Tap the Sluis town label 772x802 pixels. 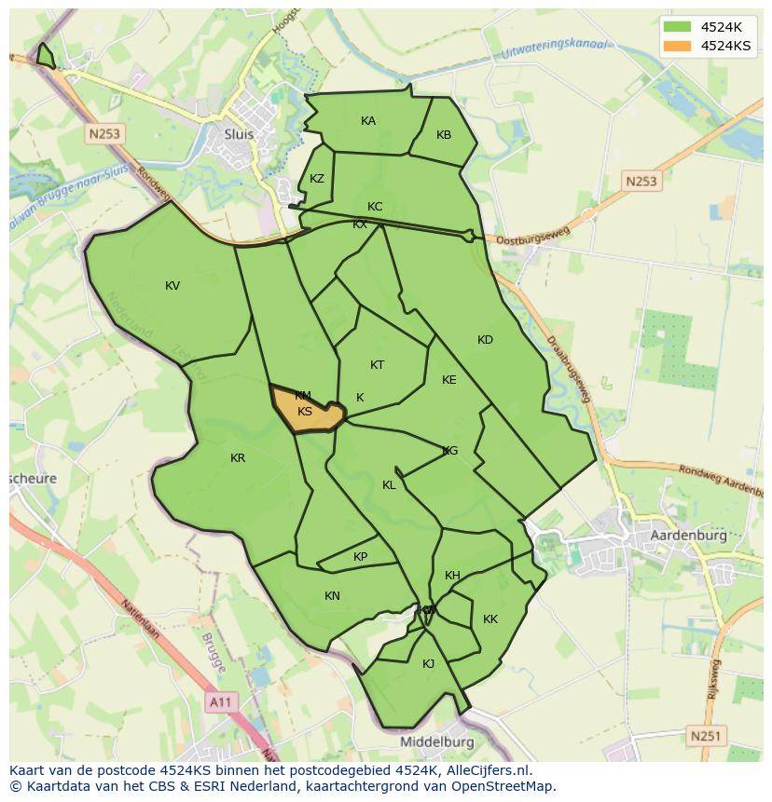tap(239, 133)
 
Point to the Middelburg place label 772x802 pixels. tap(436, 742)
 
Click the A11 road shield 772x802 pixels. tap(220, 702)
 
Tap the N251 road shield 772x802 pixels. tap(706, 736)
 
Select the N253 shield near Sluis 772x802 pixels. tap(104, 134)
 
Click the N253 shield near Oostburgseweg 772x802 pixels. tap(641, 182)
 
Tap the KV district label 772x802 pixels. tap(172, 286)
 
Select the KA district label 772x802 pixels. tap(368, 121)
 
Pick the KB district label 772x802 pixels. tap(444, 135)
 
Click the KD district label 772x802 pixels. tap(485, 340)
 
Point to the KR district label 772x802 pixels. tap(238, 458)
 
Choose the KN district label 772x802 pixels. tap(332, 596)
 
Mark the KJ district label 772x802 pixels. tap(428, 664)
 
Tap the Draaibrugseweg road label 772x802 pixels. tap(569, 368)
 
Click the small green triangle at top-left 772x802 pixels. tap(45, 57)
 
